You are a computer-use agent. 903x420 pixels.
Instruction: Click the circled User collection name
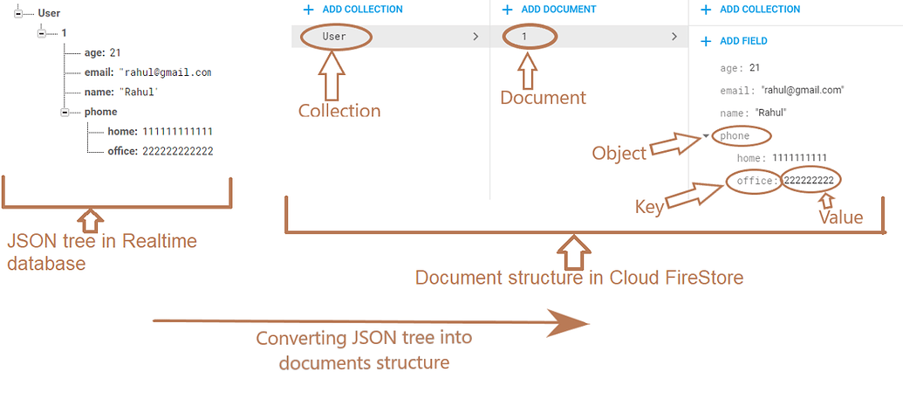[334, 37]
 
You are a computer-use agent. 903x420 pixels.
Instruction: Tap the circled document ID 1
[524, 37]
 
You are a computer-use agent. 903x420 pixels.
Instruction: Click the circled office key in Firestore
[755, 181]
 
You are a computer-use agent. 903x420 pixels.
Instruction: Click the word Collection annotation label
[339, 111]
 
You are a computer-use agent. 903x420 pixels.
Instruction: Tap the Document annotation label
[543, 98]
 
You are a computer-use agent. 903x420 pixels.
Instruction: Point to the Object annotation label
[619, 153]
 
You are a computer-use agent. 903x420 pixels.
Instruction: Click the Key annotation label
[648, 207]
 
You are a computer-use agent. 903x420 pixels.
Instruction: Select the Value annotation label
[839, 217]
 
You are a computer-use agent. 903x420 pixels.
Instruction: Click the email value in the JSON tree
[165, 72]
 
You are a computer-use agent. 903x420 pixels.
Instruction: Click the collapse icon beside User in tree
[18, 13]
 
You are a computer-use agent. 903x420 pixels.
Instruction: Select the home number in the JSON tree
[178, 132]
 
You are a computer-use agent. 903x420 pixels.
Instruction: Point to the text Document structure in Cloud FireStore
[578, 278]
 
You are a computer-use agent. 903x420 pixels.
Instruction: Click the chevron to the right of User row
[475, 37]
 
